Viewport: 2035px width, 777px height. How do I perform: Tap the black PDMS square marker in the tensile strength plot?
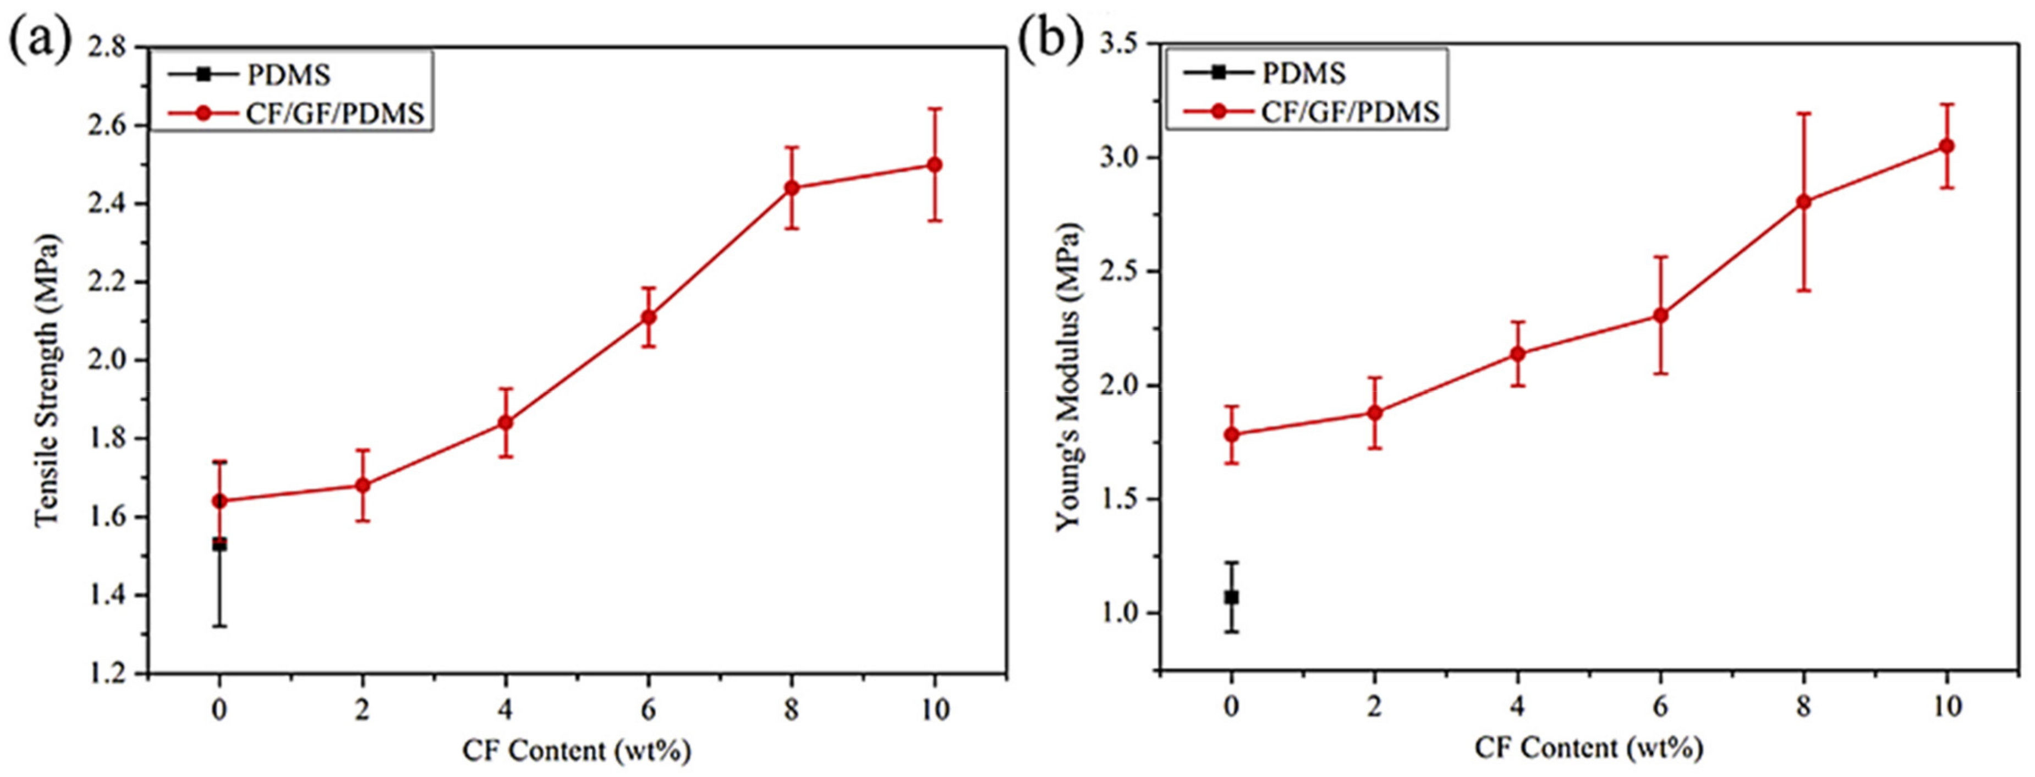point(219,544)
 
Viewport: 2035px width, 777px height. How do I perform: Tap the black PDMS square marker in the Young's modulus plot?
point(1231,597)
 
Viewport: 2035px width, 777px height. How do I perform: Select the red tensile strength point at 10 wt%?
point(935,164)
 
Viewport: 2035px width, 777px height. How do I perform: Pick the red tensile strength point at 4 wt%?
point(506,422)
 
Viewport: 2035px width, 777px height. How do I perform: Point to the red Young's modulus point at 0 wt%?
point(1231,434)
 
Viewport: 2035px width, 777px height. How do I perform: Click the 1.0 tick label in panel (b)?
point(1122,613)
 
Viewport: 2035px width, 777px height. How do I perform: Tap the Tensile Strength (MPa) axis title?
point(47,379)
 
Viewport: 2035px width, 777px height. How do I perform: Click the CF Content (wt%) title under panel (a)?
point(577,750)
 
